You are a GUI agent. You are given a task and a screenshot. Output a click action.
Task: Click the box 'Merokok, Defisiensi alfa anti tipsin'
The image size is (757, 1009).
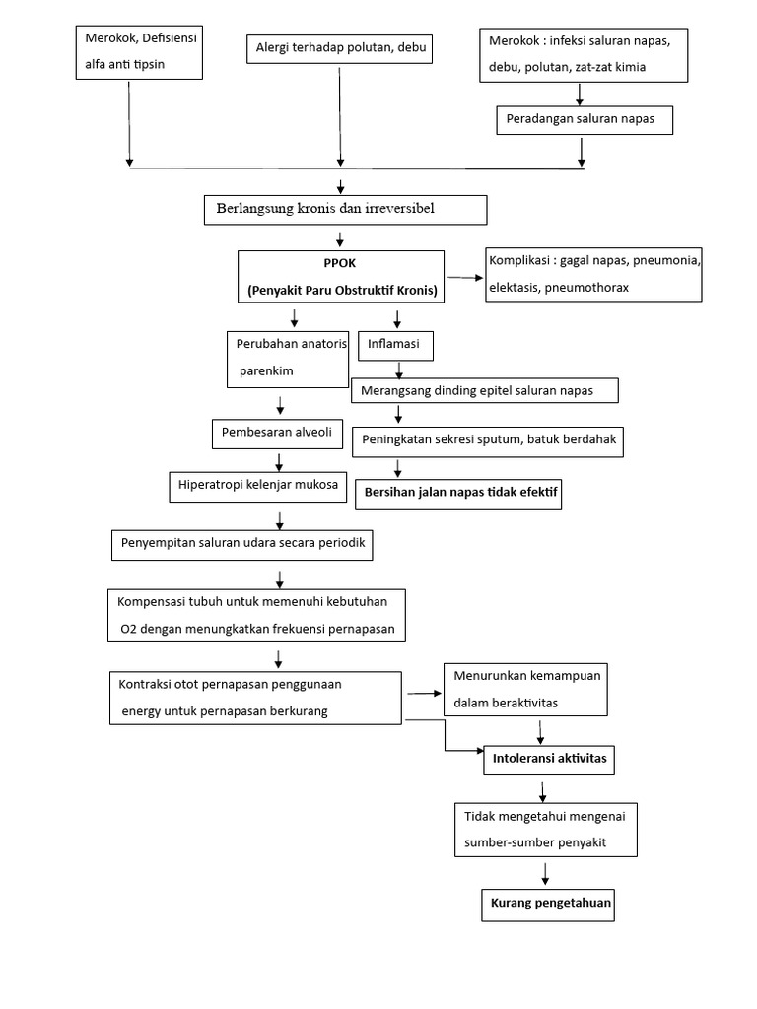click(139, 52)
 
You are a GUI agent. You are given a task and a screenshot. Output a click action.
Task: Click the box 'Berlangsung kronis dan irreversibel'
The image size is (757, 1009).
click(345, 210)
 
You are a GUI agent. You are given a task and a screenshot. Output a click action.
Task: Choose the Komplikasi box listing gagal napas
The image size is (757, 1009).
click(592, 274)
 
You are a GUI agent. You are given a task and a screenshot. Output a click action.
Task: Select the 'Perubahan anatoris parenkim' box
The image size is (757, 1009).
click(287, 358)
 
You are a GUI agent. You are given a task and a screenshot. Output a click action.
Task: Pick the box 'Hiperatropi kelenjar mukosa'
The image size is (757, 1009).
click(258, 484)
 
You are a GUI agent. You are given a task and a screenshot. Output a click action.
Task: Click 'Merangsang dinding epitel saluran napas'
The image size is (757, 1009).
click(484, 390)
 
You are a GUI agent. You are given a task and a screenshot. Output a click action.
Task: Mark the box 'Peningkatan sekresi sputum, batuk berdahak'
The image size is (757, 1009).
click(490, 439)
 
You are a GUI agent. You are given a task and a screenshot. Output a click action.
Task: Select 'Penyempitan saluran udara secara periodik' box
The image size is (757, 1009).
click(242, 543)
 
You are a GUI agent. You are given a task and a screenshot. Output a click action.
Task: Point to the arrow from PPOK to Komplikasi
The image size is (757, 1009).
click(462, 278)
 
